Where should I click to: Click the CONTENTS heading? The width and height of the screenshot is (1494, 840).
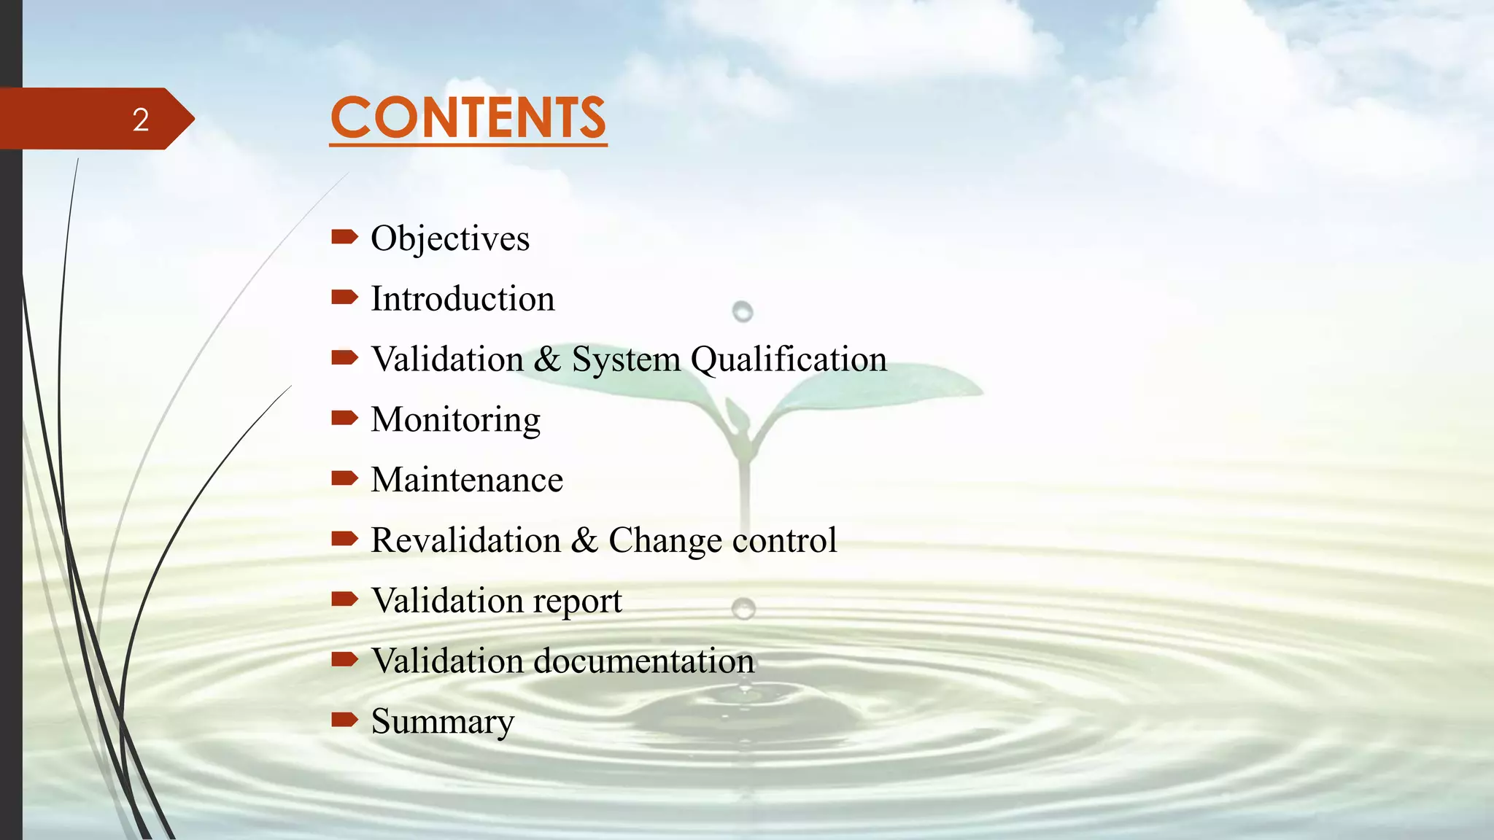(x=468, y=118)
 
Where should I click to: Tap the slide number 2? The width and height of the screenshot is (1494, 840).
(x=141, y=120)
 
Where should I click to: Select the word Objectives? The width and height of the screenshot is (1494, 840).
(x=450, y=238)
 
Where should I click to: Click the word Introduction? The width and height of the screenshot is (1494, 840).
(x=462, y=299)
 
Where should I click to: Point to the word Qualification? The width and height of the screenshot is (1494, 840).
(x=789, y=359)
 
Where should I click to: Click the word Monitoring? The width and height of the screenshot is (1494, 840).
(x=455, y=420)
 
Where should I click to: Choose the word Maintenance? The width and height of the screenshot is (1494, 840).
(x=467, y=481)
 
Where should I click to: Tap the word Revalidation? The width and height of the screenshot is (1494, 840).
(x=465, y=540)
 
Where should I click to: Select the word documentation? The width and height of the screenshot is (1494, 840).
(x=644, y=661)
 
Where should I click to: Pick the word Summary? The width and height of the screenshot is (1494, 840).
(x=442, y=722)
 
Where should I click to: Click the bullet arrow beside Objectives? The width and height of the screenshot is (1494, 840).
(x=344, y=236)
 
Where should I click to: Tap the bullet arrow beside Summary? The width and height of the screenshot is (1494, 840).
(x=344, y=720)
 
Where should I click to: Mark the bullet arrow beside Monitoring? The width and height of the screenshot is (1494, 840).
(x=344, y=418)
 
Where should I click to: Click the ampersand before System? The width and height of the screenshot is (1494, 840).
(x=547, y=359)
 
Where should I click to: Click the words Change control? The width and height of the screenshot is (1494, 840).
(x=722, y=541)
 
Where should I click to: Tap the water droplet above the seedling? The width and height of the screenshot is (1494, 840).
(x=743, y=312)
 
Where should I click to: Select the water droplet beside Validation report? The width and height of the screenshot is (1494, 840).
(x=743, y=607)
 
